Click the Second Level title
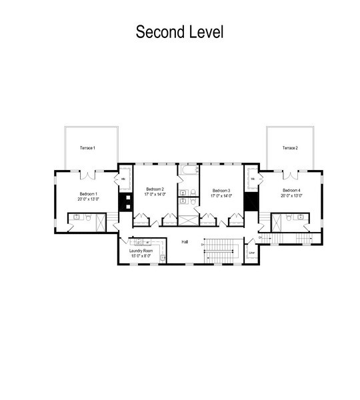(x=179, y=31)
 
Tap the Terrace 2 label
(x=289, y=147)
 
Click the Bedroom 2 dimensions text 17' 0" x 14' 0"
(x=155, y=195)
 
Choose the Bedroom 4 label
(x=291, y=190)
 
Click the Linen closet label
(x=251, y=253)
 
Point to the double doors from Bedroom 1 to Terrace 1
(x=88, y=175)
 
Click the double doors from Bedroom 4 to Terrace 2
(x=289, y=175)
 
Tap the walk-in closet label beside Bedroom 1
(x=123, y=180)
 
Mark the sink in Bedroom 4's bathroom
(x=301, y=217)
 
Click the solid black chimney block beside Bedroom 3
(x=251, y=201)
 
